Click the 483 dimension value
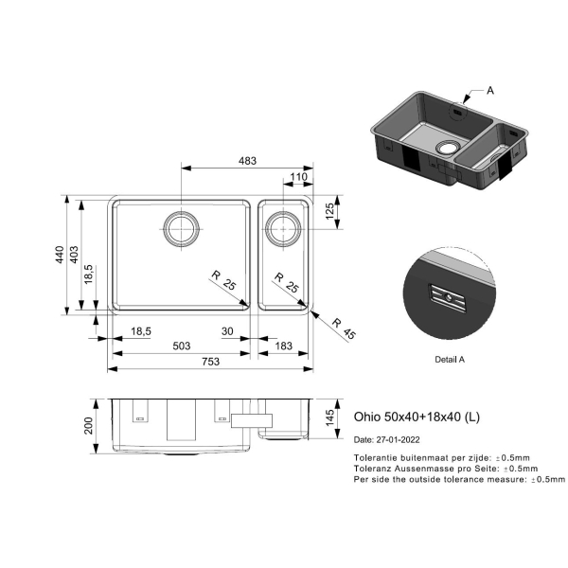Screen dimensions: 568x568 coord(247,161)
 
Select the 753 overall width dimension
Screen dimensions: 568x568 coord(211,362)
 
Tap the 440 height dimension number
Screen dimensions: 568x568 coord(60,255)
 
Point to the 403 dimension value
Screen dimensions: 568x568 coord(74,255)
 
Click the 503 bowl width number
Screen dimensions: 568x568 coord(182,346)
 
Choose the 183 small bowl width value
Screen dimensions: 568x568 coord(283,346)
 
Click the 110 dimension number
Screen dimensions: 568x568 coord(298,177)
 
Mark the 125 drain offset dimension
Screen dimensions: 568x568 coord(329,211)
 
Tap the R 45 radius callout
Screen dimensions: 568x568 coord(344,328)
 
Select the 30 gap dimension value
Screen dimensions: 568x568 coord(227,331)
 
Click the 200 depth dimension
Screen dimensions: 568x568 coord(88,426)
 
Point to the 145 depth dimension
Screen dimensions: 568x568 coord(329,418)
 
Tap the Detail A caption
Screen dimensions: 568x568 coord(450,360)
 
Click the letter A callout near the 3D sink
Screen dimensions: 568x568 coord(490,90)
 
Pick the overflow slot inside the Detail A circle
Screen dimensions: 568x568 coord(448,298)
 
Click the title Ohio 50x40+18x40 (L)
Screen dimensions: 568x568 coord(417,417)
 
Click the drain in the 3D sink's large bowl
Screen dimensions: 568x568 coord(448,148)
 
